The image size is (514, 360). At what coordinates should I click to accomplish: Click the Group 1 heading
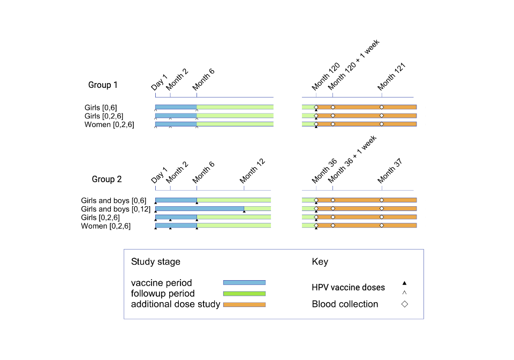[x=103, y=85]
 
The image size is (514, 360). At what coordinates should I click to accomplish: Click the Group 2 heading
[x=107, y=179]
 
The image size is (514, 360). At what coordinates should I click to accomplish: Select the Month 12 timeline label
[x=253, y=171]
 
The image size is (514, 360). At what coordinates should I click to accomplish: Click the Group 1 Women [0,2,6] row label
[x=109, y=125]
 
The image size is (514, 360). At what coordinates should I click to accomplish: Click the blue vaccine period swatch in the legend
[x=244, y=282]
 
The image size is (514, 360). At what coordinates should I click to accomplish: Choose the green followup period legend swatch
[x=244, y=294]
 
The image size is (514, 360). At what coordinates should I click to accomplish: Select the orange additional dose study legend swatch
[x=244, y=305]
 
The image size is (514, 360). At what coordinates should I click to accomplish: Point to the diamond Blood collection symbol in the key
[x=405, y=304]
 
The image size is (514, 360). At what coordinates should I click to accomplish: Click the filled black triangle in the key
[x=405, y=283]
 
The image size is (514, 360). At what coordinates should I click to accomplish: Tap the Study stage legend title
[x=155, y=262]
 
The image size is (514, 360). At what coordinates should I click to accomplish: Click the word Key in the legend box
[x=320, y=262]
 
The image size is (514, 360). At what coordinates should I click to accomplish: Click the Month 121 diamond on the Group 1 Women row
[x=382, y=124]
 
